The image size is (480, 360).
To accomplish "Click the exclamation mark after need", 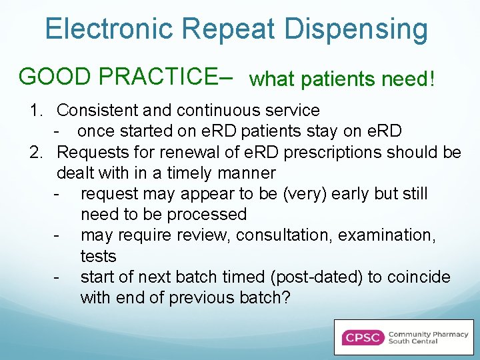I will [x=432, y=80].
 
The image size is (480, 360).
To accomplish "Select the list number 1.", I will [x=36, y=111].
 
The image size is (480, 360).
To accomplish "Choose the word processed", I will [x=207, y=215].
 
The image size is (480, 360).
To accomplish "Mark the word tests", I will [x=98, y=257].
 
